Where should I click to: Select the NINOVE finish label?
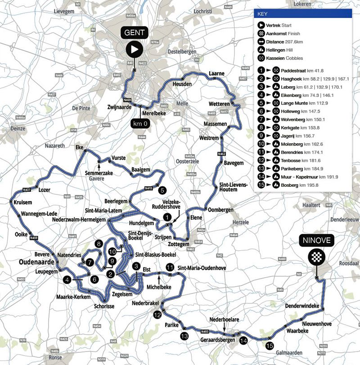point(316,241)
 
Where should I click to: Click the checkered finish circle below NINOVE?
point(316,257)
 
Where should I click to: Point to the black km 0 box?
point(141,122)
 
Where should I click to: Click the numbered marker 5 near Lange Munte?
point(162,189)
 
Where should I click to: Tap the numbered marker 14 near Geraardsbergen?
point(243,340)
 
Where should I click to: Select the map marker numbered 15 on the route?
point(269,346)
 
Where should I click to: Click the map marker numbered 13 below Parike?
point(184,336)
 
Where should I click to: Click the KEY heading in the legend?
point(262,14)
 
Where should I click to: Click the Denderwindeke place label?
point(302,306)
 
